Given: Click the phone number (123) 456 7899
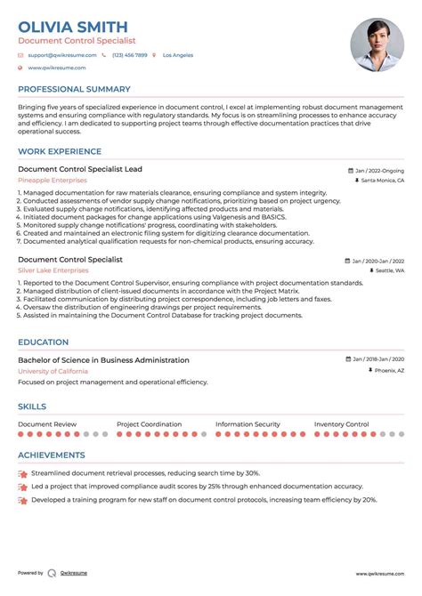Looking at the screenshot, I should (x=129, y=55).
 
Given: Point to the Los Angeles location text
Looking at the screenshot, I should (x=177, y=55).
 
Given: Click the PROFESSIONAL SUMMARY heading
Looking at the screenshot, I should (x=74, y=90).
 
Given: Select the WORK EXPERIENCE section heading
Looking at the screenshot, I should (x=61, y=152).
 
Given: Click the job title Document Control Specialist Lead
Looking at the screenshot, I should (x=79, y=169).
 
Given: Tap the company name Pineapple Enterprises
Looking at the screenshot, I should (x=53, y=181).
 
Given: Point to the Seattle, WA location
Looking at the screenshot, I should (x=388, y=270).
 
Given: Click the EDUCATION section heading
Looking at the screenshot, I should (x=43, y=342).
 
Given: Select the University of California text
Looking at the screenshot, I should (x=53, y=371).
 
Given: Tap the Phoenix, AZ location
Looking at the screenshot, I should (x=388, y=371).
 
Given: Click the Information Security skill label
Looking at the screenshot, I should (x=248, y=425).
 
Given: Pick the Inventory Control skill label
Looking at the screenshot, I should (x=341, y=425).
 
